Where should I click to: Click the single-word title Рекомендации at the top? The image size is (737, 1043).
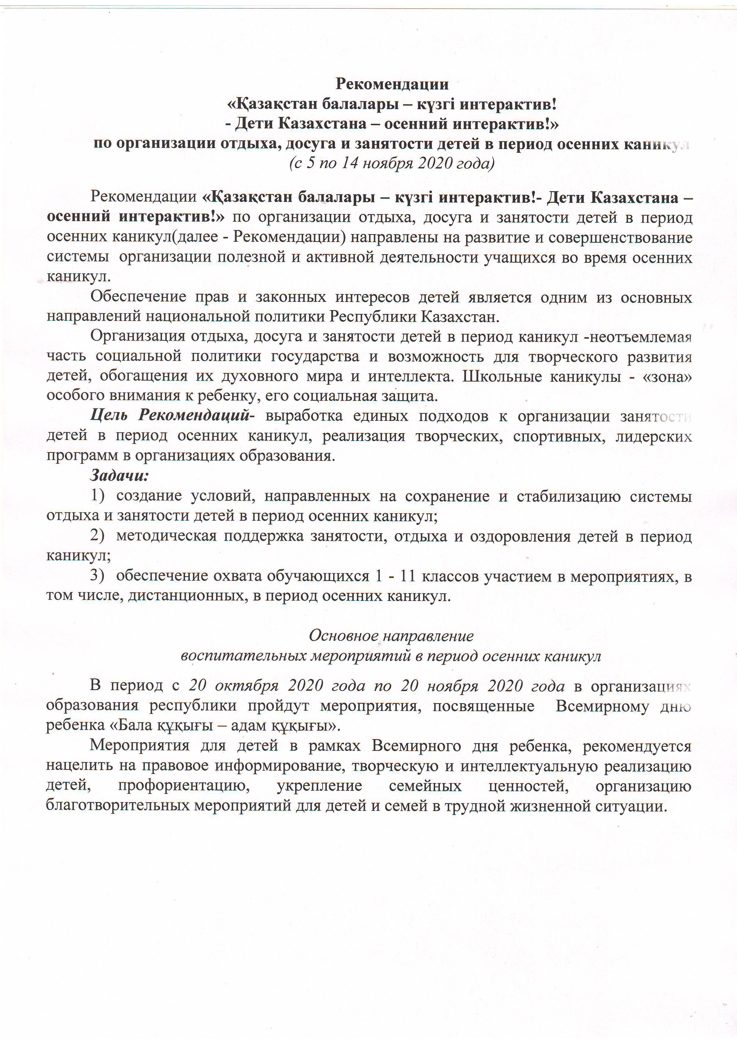pos(392,84)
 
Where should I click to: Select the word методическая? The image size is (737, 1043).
pos(166,536)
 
